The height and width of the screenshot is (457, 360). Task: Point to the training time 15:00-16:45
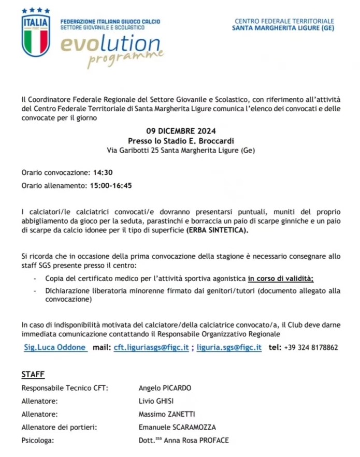point(111,185)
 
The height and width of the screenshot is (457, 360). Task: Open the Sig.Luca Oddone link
point(55,347)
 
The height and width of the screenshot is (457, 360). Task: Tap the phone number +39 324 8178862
point(311,347)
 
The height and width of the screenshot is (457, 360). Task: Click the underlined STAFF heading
point(33,374)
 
